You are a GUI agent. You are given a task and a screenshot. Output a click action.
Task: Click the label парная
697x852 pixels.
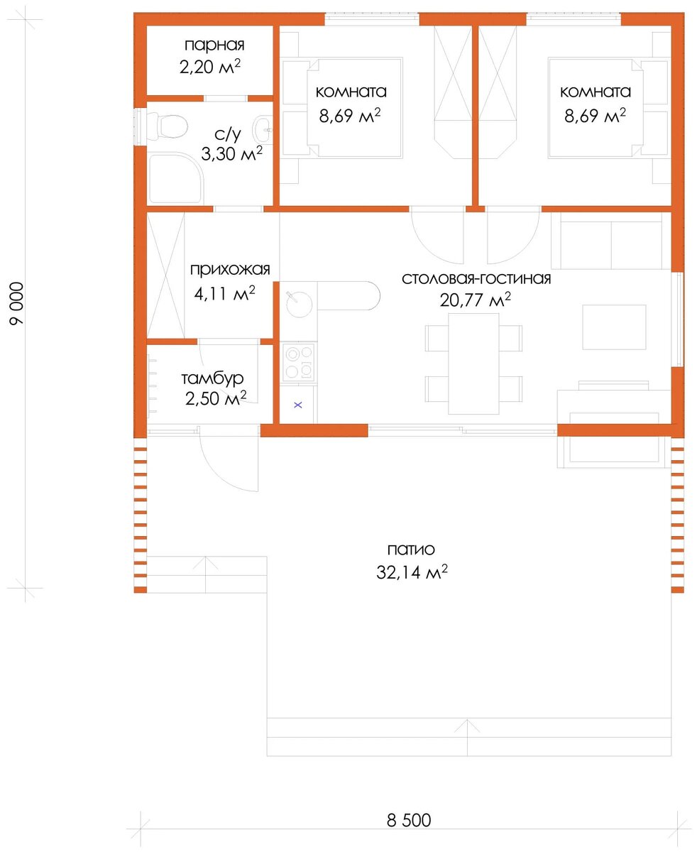214,45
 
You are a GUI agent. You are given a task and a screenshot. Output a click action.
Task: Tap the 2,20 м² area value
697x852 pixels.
210,67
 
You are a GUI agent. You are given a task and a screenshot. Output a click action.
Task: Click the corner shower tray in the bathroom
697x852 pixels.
175,178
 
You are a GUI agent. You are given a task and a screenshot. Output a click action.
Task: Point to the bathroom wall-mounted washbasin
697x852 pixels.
263,129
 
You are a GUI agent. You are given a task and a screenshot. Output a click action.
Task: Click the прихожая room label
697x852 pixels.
230,270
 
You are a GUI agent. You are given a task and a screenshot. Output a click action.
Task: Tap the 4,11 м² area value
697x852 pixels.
224,293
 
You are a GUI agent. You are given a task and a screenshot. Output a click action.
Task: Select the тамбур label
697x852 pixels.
212,378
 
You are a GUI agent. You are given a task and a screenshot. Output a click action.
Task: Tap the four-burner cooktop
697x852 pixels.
300,362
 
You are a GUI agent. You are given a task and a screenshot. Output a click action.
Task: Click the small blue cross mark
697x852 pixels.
298,405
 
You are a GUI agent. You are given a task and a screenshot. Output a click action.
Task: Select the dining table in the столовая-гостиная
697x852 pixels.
473,364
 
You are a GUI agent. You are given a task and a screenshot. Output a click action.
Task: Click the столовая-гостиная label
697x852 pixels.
476,279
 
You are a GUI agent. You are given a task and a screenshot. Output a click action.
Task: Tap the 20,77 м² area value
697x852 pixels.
476,300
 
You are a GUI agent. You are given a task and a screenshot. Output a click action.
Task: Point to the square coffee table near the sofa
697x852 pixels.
614,327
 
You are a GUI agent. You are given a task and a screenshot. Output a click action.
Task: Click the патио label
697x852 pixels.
411,550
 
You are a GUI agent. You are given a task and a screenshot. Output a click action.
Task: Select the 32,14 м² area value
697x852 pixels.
412,572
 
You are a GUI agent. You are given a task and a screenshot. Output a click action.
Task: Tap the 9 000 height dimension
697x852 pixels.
17,303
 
